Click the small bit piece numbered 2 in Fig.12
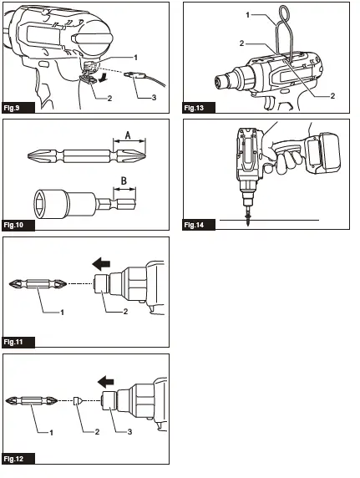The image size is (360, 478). pyautogui.click(x=76, y=400)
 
